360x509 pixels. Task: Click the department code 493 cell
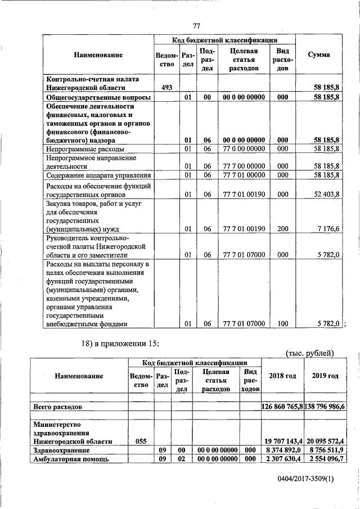point(166,87)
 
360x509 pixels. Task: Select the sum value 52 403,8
point(326,195)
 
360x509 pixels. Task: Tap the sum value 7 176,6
point(328,229)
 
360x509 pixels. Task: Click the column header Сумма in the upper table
point(319,55)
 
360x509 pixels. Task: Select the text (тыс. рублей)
point(310,353)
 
